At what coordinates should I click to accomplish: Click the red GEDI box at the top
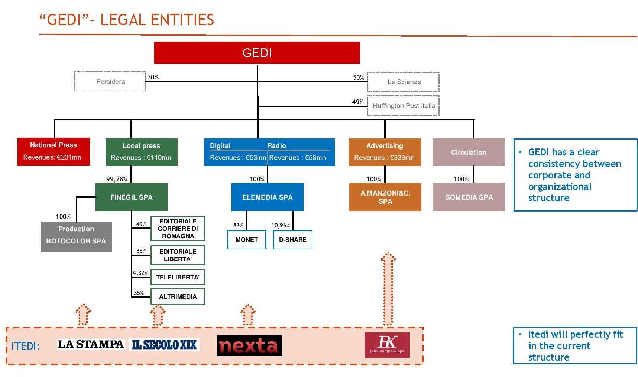point(257,53)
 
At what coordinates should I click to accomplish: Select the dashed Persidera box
point(110,81)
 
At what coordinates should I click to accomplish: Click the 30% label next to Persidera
point(153,77)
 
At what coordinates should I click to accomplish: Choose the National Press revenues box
point(54,151)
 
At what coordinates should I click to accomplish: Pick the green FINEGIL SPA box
point(131,197)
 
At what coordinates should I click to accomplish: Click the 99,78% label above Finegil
point(117,179)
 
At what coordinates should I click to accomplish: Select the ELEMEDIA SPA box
point(267,197)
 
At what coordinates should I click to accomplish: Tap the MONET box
point(247,240)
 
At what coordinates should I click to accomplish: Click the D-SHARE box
point(292,240)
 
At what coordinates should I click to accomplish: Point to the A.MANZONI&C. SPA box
point(385,197)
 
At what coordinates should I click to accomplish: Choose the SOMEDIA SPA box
point(469,197)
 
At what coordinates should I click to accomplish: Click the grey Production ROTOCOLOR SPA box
point(76,237)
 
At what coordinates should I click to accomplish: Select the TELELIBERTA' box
point(178,277)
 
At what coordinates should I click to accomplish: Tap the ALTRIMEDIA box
point(178,296)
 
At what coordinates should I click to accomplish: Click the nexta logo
point(249,345)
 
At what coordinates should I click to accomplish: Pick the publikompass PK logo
point(387,345)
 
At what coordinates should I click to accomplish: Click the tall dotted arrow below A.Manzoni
point(388,289)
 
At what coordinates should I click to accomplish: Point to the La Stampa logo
point(91,344)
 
